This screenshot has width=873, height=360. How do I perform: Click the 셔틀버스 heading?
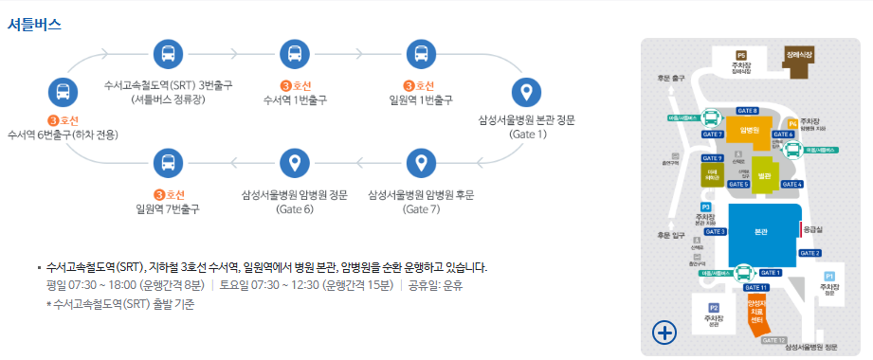pos(35,25)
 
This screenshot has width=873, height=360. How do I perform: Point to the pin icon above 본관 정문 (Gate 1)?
pos(527,93)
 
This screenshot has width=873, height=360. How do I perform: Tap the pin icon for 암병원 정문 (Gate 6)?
pos(295,164)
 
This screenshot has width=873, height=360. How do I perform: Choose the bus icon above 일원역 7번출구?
pos(168,164)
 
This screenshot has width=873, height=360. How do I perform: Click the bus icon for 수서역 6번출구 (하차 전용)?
pos(62,93)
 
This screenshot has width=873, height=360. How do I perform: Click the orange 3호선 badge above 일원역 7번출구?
pos(168,196)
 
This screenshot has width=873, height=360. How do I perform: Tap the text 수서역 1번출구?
pos(295,99)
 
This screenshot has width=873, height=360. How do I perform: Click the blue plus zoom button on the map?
pos(664,332)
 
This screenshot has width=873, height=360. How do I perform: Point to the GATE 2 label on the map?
pos(809,253)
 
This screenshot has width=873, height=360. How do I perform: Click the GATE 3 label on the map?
pos(716,231)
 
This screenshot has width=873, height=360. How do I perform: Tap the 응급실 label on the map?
pos(812,228)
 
